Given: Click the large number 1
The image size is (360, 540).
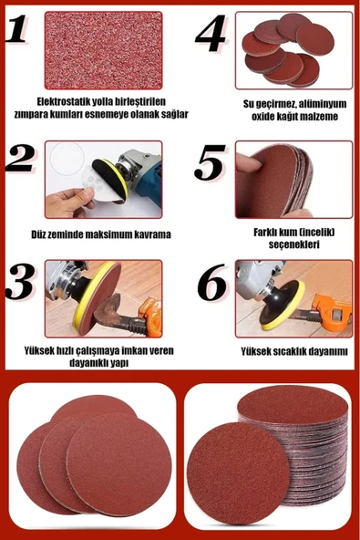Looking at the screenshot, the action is (x=15, y=28).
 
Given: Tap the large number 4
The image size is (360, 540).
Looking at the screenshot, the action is (x=211, y=33).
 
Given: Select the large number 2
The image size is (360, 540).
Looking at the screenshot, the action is (x=20, y=158).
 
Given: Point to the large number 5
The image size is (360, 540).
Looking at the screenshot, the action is (x=210, y=162).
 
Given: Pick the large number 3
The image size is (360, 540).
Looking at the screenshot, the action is (x=20, y=281).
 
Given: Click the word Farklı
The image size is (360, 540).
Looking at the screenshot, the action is (x=265, y=232).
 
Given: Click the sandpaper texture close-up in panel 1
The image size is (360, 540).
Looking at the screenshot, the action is (x=103, y=51).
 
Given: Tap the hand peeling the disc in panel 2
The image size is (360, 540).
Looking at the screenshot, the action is (x=70, y=202).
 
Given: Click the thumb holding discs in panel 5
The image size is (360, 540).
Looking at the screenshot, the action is (x=249, y=161).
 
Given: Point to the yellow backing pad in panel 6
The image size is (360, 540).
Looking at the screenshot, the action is (x=283, y=306).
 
